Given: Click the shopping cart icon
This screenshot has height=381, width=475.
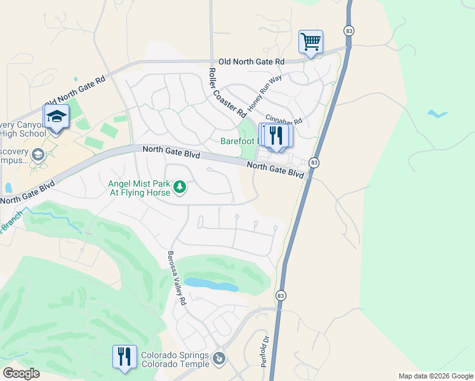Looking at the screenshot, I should coord(311,42).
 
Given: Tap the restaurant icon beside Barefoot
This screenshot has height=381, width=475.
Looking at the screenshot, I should coord(276,136).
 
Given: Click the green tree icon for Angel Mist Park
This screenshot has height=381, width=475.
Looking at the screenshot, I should coord(180,187).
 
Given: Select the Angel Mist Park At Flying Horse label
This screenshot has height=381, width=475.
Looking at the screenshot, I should coord(138,187).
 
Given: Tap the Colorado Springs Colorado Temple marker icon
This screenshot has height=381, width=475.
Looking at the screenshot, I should coord(219,359).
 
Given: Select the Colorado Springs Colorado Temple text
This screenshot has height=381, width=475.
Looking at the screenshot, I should coord(175,359).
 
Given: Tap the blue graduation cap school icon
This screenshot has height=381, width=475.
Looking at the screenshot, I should coord(55,117).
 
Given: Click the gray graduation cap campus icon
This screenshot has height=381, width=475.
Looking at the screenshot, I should coord(38,154).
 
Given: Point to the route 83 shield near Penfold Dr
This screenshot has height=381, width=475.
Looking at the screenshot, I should coord(280,295).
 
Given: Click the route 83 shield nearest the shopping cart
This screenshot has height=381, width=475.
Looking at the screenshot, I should coord(349,30).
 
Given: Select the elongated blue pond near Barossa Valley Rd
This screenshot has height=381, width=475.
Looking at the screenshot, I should coord(211,284).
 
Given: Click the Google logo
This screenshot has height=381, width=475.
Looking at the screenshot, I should coord(22,373).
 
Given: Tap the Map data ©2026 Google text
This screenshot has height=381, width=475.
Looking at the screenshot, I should coord(435,376).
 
